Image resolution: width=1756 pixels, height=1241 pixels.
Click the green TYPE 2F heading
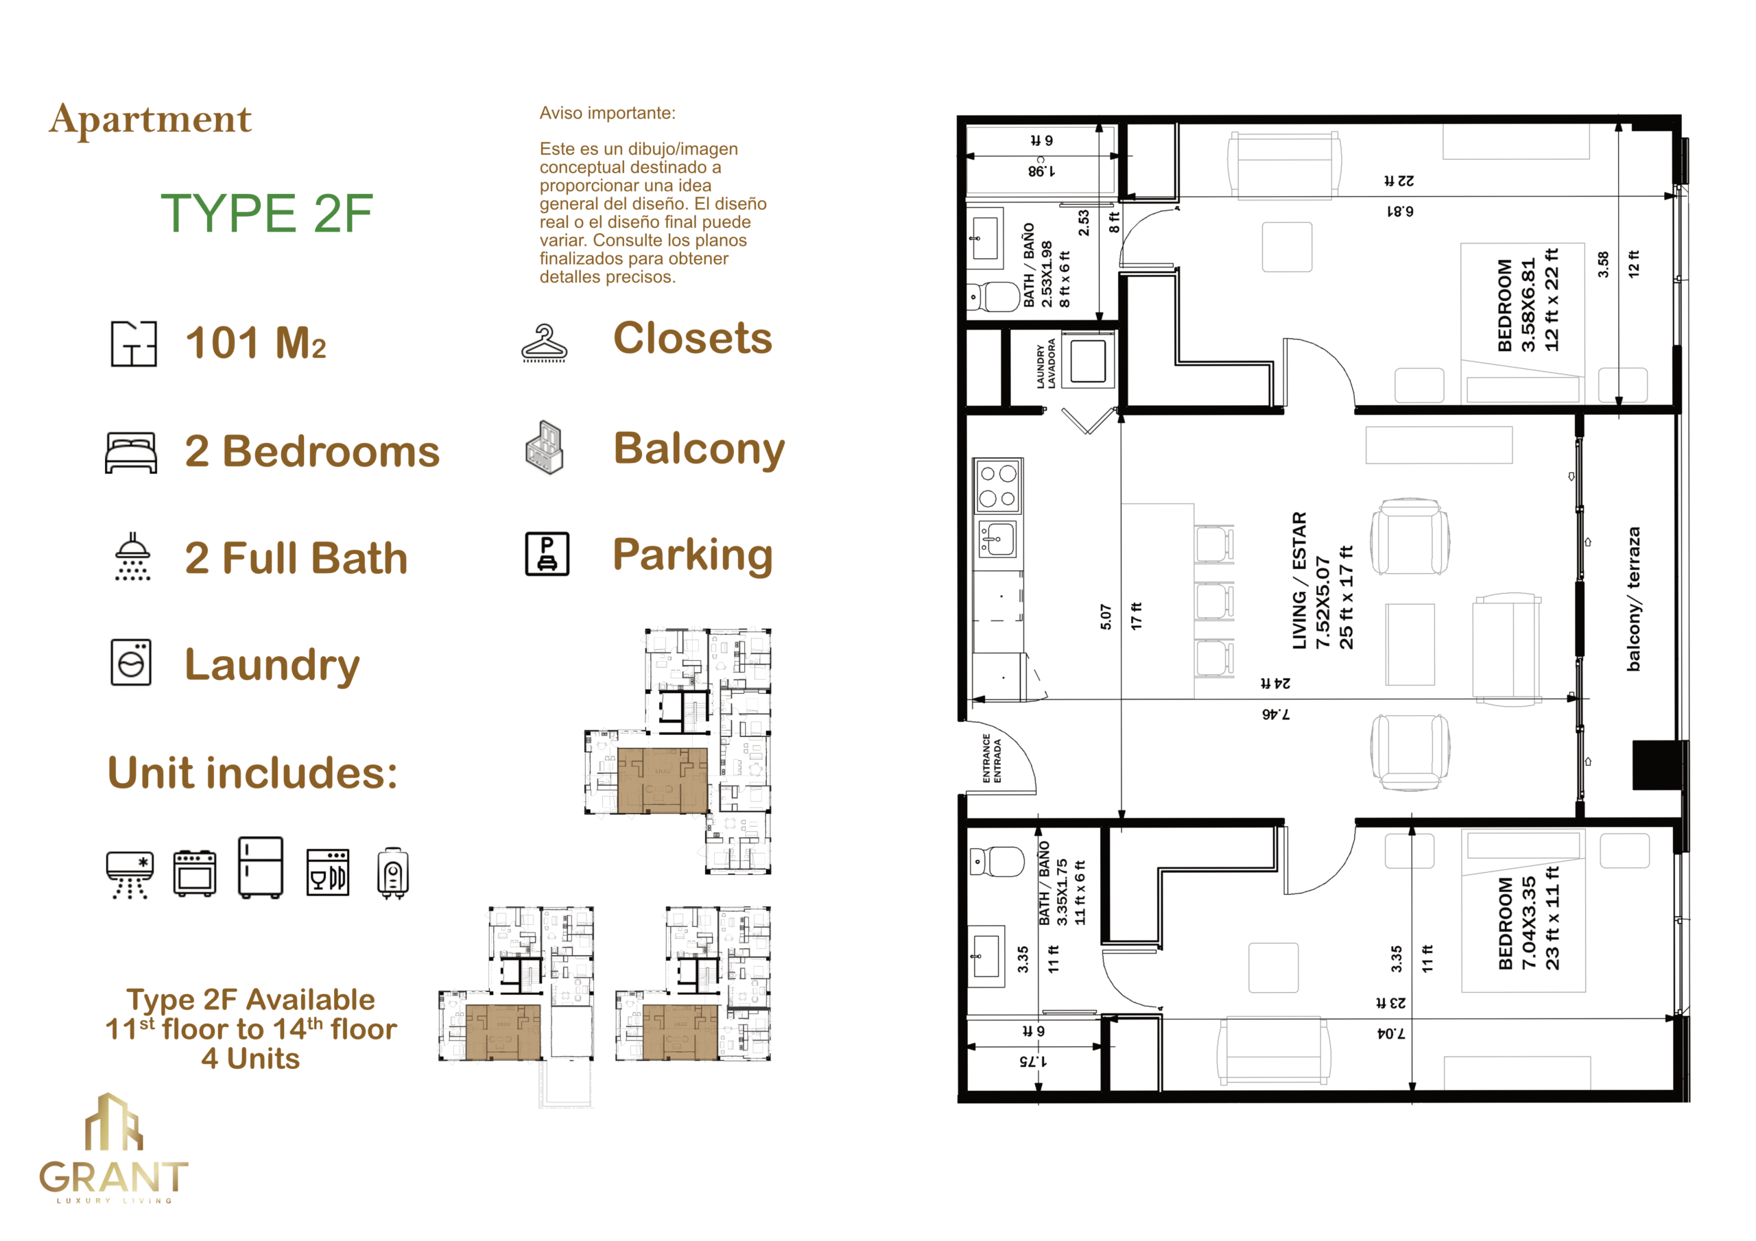(266, 213)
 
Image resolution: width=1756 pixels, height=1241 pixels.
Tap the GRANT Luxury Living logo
(113, 1148)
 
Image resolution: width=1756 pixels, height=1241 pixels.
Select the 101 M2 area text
(255, 343)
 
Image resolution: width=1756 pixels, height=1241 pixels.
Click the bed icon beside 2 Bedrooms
(131, 453)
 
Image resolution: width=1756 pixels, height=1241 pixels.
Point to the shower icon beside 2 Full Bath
(132, 557)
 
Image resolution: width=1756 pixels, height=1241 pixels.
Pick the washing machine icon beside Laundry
(131, 662)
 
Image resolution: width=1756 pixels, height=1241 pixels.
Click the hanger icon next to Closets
(544, 344)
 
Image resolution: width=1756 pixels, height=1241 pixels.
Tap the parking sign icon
(547, 553)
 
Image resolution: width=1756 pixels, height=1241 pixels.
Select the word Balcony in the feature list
(699, 449)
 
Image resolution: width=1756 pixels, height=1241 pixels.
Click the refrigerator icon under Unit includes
(261, 867)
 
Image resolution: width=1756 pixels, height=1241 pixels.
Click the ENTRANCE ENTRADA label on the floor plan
(991, 758)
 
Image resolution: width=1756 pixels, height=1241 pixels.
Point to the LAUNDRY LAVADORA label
(1045, 364)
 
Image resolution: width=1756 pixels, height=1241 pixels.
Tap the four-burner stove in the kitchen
(998, 485)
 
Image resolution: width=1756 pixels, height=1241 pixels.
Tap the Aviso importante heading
(607, 113)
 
